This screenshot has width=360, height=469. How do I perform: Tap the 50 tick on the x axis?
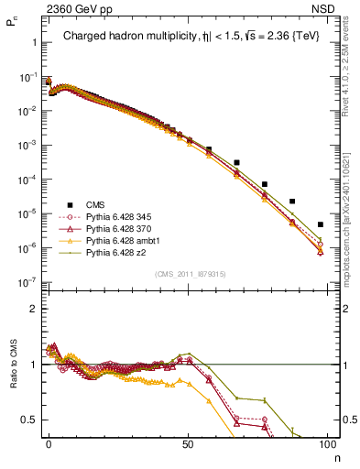[x=188, y=444]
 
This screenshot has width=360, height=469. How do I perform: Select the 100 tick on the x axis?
[x=327, y=444]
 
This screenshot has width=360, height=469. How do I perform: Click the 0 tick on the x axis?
[x=49, y=444]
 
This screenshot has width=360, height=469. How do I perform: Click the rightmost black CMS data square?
[x=321, y=224]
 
